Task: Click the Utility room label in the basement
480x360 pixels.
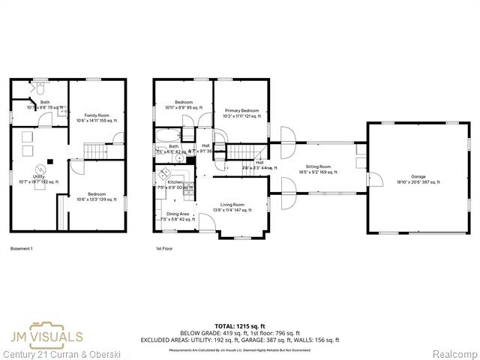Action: (x=39, y=179)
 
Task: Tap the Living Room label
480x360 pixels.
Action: (x=232, y=207)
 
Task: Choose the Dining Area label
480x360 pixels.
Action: (x=178, y=217)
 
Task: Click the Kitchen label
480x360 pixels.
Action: (x=175, y=184)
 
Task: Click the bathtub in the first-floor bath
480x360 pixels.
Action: (x=172, y=136)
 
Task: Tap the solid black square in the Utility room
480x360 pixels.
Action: (x=49, y=160)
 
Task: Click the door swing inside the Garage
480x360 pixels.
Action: (x=375, y=180)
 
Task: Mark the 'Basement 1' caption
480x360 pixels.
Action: (x=21, y=247)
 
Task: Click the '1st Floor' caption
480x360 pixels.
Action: (x=164, y=247)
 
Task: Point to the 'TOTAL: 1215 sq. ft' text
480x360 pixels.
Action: (x=240, y=326)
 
